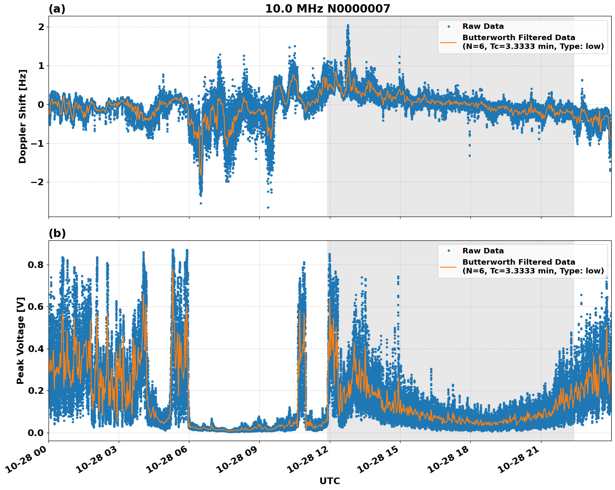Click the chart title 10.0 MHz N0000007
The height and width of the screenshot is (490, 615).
click(327, 9)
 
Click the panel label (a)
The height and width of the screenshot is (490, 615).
click(57, 9)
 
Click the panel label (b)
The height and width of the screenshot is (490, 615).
click(57, 233)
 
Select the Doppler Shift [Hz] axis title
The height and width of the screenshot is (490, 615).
click(23, 116)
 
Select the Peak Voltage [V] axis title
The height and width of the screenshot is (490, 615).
click(20, 340)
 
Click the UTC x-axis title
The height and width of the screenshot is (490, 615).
click(329, 481)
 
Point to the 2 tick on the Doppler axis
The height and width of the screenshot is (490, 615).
click(41, 27)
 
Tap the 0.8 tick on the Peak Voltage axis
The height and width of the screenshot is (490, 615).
click(36, 265)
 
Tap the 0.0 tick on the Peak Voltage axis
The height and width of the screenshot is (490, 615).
click(36, 433)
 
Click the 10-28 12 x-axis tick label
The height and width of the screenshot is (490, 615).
click(307, 458)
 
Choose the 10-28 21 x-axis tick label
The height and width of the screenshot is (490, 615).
click(518, 458)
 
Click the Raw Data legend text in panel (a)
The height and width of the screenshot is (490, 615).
click(483, 26)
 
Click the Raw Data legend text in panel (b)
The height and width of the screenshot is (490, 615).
click(483, 251)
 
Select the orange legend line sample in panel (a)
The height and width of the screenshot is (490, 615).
click(449, 42)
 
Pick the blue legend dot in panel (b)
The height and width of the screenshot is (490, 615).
click(449, 251)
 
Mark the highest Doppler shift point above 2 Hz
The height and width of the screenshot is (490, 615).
click(348, 26)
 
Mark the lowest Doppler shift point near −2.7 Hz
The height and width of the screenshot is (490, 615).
click(268, 207)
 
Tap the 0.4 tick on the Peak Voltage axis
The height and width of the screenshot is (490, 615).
click(36, 349)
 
